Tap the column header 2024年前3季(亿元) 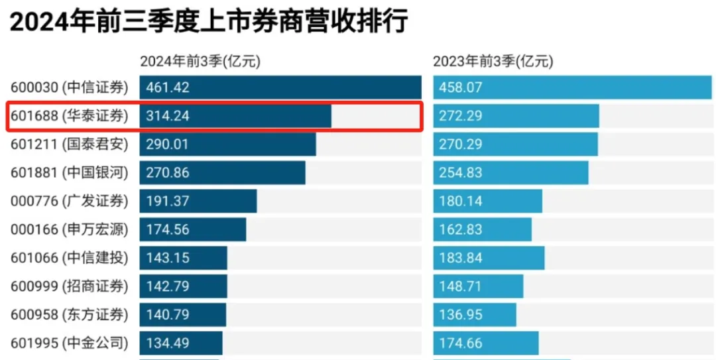pyautogui.click(x=200, y=62)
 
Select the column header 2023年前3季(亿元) pyautogui.click(x=493, y=62)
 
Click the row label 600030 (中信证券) pyautogui.click(x=70, y=88)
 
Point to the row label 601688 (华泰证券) pyautogui.click(x=70, y=116)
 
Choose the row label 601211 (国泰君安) pyautogui.click(x=70, y=145)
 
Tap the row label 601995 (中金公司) pyautogui.click(x=70, y=343)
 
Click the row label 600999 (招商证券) pyautogui.click(x=70, y=286)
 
